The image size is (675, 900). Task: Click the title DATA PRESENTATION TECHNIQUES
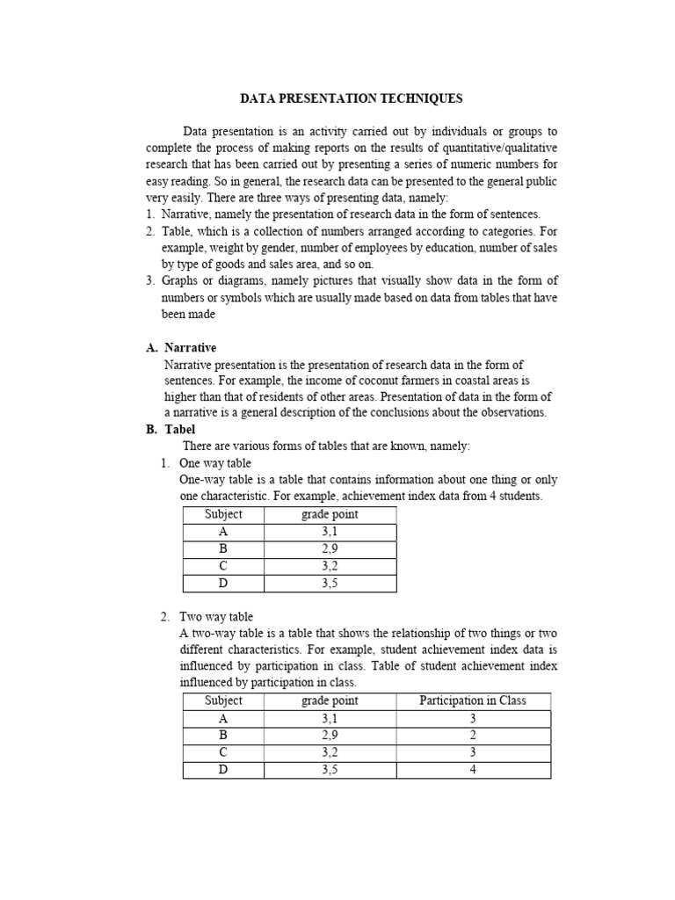(x=352, y=98)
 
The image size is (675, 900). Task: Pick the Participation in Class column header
(x=473, y=700)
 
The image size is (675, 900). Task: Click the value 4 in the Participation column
(x=473, y=769)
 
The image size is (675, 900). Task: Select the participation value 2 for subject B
(x=473, y=735)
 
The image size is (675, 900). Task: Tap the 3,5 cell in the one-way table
(x=330, y=583)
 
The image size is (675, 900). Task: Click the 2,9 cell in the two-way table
(x=330, y=735)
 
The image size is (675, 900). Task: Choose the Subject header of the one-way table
(x=223, y=514)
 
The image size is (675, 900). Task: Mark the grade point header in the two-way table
(x=330, y=700)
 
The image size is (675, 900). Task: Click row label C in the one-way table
(x=223, y=566)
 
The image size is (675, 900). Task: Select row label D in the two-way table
(x=223, y=769)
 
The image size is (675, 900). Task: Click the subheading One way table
(x=214, y=463)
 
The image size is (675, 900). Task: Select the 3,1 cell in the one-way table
(x=330, y=532)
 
